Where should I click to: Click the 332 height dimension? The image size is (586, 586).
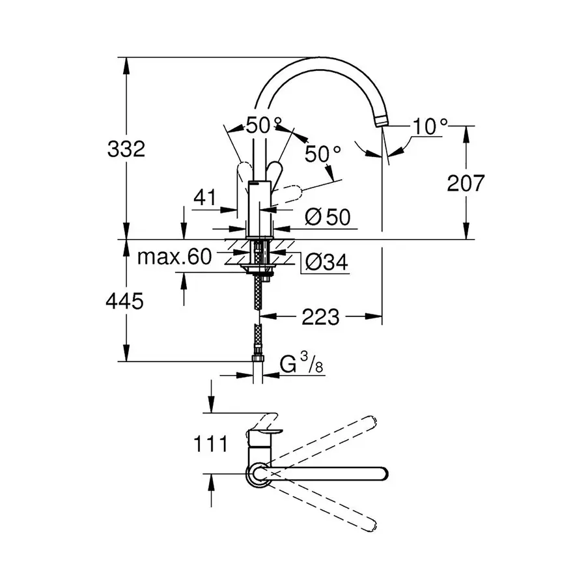pyautogui.click(x=125, y=149)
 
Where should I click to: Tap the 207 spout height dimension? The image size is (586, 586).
pyautogui.click(x=466, y=184)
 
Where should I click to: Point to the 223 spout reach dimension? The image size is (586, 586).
pyautogui.click(x=320, y=317)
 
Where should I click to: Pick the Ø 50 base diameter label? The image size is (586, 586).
pyautogui.click(x=327, y=218)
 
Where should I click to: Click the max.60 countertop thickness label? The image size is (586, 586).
pyautogui.click(x=174, y=257)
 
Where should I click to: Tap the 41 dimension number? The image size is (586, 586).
pyautogui.click(x=205, y=198)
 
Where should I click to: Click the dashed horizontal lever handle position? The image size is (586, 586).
pyautogui.click(x=290, y=193)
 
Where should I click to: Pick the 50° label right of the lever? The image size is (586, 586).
pyautogui.click(x=324, y=154)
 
